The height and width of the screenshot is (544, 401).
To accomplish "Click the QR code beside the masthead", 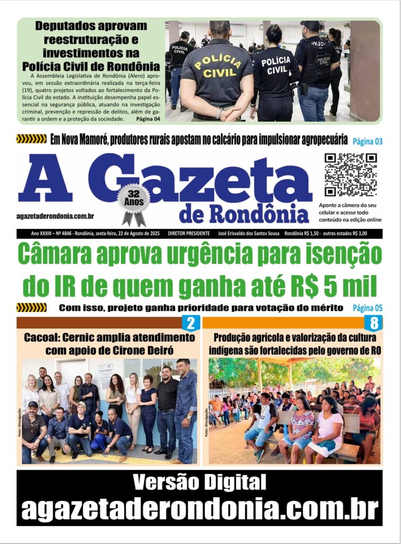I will tap(351, 175).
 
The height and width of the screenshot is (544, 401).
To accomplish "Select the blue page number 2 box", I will tap(190, 323).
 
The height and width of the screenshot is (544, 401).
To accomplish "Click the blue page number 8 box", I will tap(373, 323).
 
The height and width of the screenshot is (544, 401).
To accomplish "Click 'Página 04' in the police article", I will tap(148, 118).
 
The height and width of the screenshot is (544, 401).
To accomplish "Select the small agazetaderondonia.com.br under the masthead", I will tap(56, 216).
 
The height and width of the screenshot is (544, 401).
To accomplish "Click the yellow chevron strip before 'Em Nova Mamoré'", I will tap(31, 139).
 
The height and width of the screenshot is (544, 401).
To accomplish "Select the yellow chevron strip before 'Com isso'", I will tap(31, 308).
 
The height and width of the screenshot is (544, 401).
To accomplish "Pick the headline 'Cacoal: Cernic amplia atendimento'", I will tap(109, 337).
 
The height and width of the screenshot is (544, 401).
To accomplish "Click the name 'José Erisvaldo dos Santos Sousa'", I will tap(247, 234).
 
